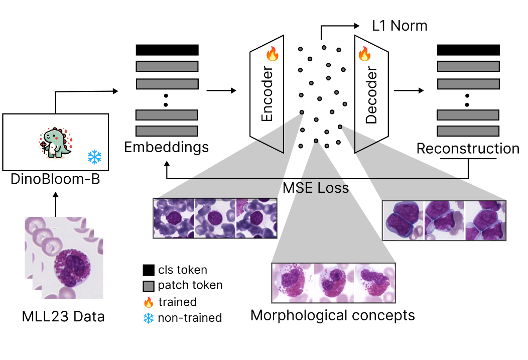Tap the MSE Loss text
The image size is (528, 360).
[316, 188]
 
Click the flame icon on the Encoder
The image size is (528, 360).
[272, 54]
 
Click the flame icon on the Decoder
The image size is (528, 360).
[364, 54]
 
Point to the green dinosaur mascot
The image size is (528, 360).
[56, 143]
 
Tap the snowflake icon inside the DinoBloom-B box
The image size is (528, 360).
[94, 157]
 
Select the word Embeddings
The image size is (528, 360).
[167, 148]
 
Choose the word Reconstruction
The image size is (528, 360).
[468, 149]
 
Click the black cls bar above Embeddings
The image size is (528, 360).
[167, 50]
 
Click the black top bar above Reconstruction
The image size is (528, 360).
[468, 50]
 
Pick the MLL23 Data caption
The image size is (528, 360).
[63, 317]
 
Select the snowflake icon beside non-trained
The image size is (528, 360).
[148, 317]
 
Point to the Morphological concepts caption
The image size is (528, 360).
[333, 316]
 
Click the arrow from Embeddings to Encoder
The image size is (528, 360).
[221, 91]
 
